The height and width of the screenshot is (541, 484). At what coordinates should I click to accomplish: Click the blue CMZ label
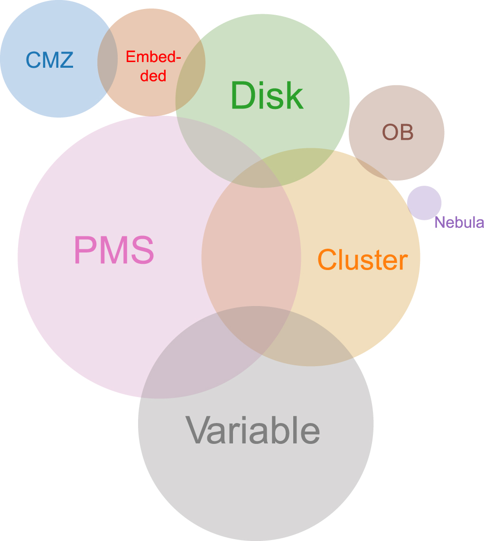click(49, 60)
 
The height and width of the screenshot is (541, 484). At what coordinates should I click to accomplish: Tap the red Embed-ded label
click(153, 66)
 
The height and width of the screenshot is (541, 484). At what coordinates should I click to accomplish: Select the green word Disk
click(267, 96)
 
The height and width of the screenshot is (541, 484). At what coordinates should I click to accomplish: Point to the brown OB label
click(398, 133)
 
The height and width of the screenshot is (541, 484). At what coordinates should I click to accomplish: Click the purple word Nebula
click(459, 222)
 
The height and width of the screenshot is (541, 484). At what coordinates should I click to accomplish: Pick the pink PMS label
click(114, 251)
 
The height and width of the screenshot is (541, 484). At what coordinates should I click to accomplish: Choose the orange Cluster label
click(362, 260)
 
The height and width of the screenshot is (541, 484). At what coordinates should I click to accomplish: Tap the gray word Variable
click(252, 430)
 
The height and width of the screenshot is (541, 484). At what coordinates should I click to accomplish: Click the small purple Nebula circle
click(424, 202)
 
